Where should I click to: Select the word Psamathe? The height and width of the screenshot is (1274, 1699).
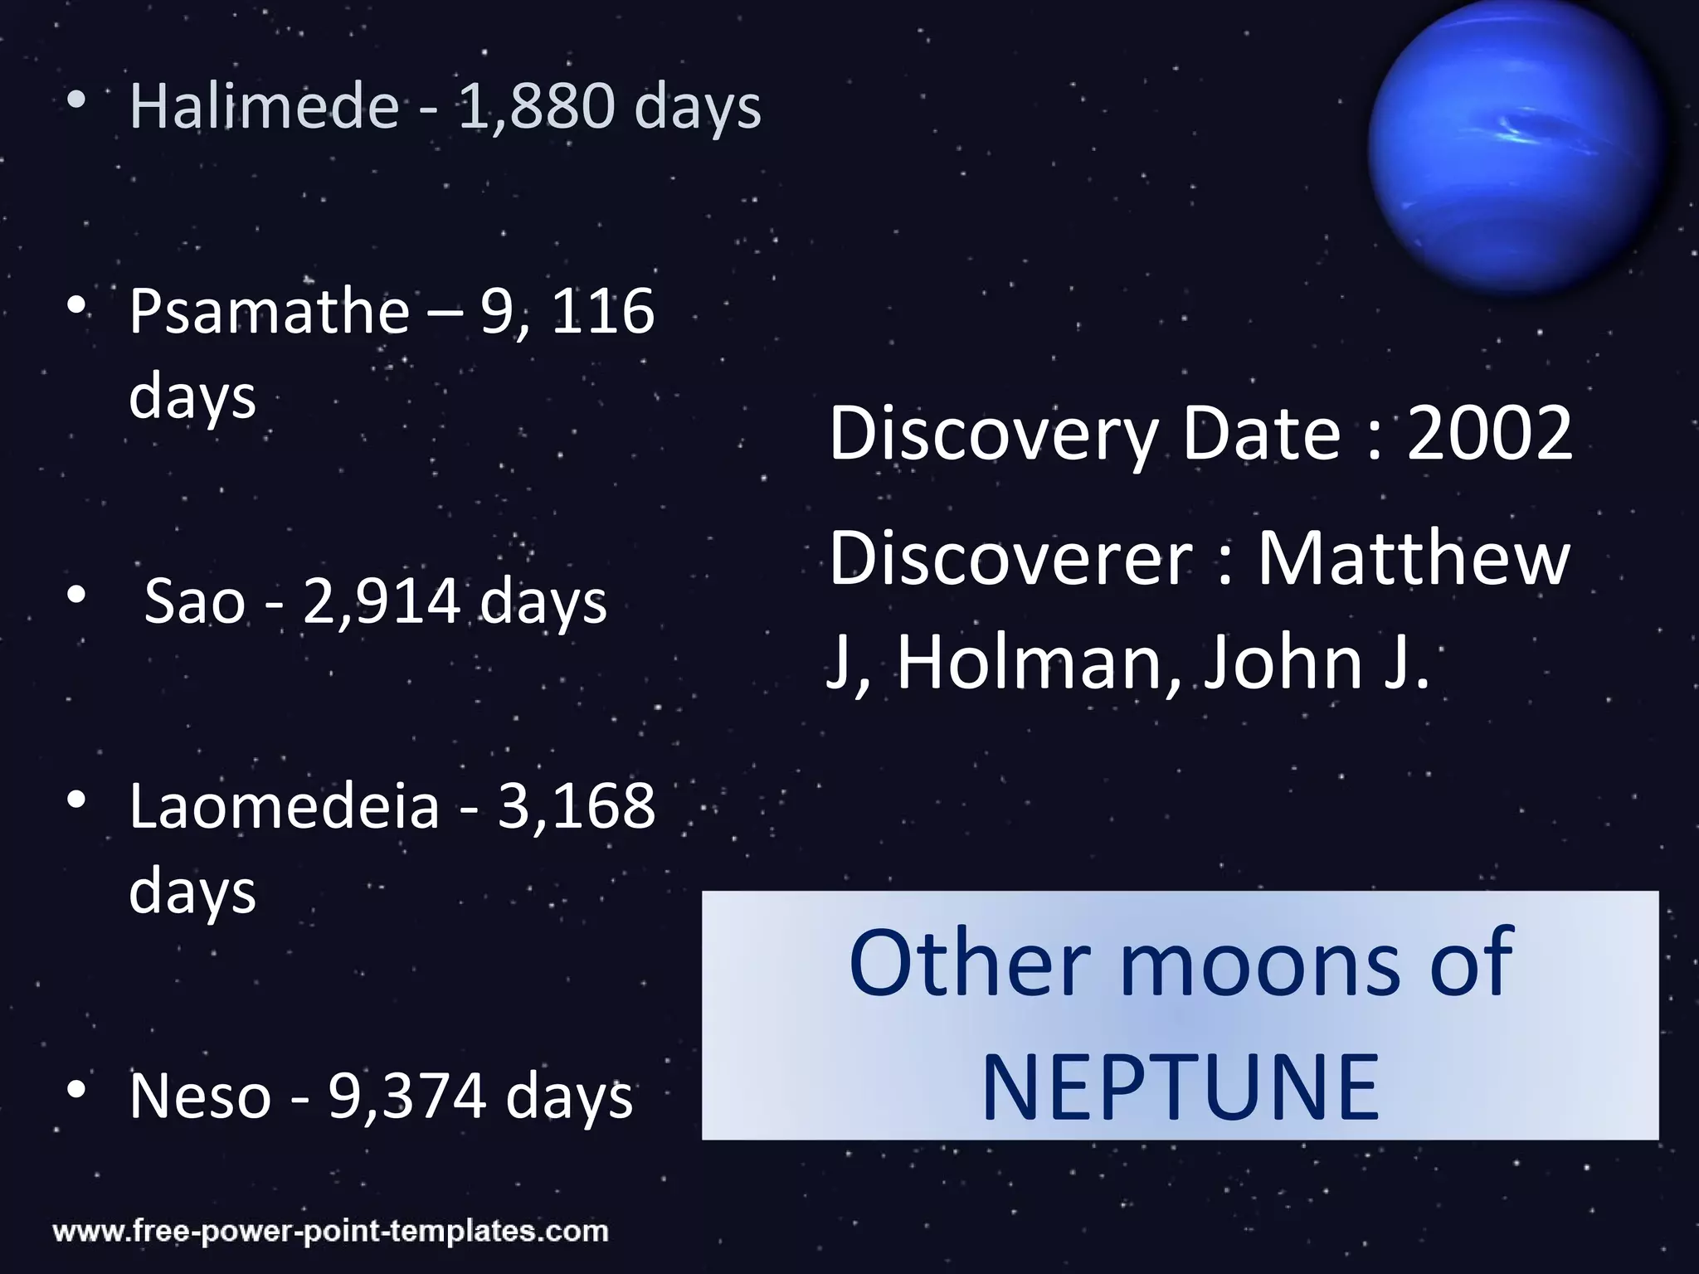[269, 312]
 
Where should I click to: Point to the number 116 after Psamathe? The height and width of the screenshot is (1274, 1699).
[602, 312]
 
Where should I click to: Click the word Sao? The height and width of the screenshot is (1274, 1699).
[195, 601]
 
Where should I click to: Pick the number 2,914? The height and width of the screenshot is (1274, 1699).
[381, 601]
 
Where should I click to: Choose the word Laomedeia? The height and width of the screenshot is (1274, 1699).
[284, 806]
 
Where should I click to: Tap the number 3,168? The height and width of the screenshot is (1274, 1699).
[577, 806]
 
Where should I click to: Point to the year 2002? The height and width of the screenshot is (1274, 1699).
[1489, 433]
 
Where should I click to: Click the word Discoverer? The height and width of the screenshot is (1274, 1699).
[1010, 559]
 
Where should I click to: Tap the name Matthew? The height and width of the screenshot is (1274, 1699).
[1414, 559]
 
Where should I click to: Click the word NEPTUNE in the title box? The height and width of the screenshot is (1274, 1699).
[1181, 1087]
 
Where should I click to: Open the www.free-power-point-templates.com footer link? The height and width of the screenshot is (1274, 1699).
[330, 1231]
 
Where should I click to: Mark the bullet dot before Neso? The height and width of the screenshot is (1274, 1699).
[76, 1090]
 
